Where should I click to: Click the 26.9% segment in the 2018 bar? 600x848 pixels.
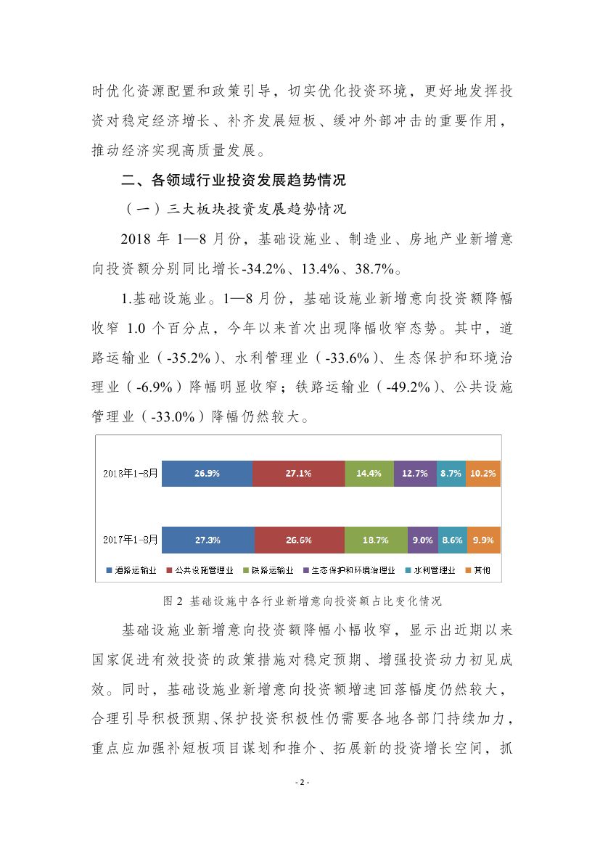tap(207, 473)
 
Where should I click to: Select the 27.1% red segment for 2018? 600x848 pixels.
tap(298, 473)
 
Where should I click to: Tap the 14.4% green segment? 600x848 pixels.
tap(369, 473)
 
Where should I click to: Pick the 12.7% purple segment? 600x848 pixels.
tap(415, 473)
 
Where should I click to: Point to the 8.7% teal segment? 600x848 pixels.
tap(451, 473)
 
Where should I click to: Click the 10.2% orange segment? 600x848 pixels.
tap(483, 473)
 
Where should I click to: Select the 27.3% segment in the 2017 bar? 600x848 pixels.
tap(207, 540)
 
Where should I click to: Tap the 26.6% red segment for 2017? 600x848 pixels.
tap(299, 540)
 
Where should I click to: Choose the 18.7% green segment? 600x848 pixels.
tap(376, 540)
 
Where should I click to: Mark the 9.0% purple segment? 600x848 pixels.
tap(422, 540)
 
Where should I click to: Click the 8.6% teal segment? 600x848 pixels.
tap(452, 540)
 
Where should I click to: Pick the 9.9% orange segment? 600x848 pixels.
tap(483, 540)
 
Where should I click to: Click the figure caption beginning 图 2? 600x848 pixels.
tap(299, 601)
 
